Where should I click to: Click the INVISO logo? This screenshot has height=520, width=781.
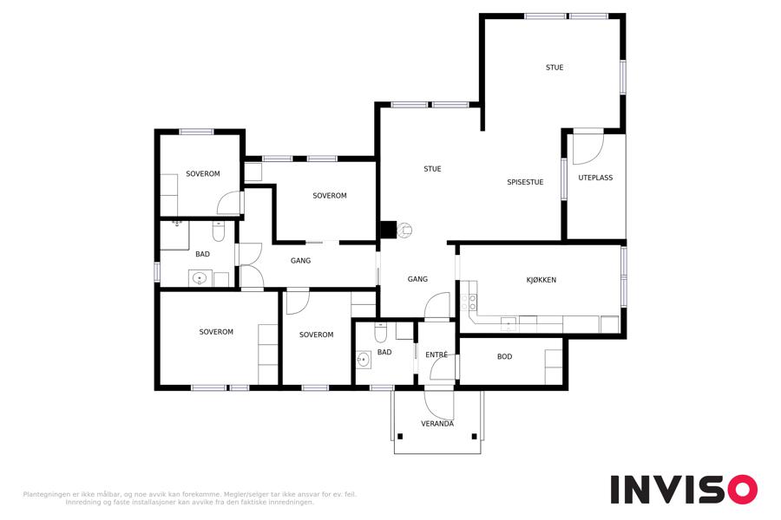(684, 489)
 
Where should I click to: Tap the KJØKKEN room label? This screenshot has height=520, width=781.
(541, 280)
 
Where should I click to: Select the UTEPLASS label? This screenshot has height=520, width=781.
(595, 178)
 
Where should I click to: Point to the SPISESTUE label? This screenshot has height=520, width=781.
(525, 182)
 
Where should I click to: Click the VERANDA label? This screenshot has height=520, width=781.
(437, 424)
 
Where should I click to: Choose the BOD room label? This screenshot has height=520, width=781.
(504, 357)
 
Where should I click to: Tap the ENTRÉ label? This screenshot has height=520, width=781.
(436, 354)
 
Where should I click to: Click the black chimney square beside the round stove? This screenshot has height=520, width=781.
(389, 230)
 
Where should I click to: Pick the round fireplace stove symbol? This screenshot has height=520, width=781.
(404, 230)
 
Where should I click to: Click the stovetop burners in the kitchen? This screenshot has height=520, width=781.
(469, 302)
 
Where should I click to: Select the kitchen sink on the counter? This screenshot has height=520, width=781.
(508, 324)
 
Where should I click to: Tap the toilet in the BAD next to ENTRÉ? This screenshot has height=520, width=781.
(380, 333)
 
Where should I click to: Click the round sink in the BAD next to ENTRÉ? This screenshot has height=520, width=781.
(364, 360)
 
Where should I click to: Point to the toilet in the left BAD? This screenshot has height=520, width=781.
(218, 230)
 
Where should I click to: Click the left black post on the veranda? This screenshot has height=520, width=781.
(400, 437)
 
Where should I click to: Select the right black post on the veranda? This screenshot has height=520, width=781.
(474, 437)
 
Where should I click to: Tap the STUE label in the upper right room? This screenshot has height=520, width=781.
(555, 68)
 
